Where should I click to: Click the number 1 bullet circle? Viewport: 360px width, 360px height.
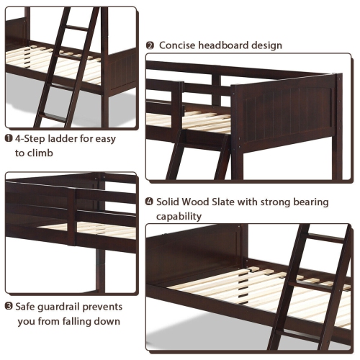coord(9,139)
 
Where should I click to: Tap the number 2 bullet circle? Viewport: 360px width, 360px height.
coord(150,45)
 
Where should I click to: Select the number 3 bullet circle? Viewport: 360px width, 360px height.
coord(9,306)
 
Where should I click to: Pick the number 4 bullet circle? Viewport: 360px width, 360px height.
coord(150,202)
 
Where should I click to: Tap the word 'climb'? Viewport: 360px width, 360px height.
coord(42,154)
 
